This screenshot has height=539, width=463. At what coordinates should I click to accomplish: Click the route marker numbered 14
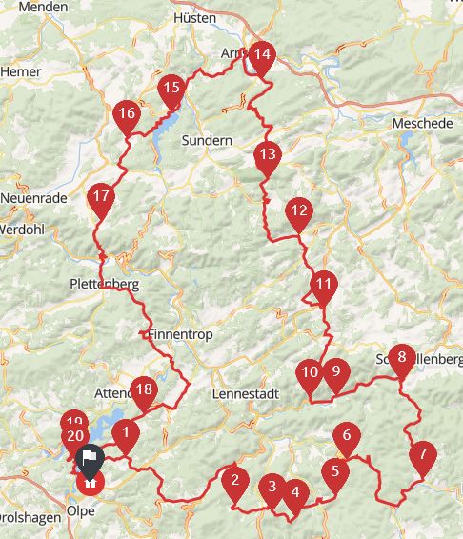pyautogui.click(x=261, y=55)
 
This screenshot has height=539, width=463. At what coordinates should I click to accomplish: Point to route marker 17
pyautogui.click(x=100, y=199)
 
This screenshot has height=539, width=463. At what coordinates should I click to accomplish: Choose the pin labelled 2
pyautogui.click(x=234, y=480)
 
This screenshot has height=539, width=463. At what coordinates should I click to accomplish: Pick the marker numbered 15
pyautogui.click(x=171, y=89)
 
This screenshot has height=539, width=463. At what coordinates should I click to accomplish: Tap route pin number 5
pyautogui.click(x=335, y=471)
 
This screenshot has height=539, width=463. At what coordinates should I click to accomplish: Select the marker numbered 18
pyautogui.click(x=144, y=389)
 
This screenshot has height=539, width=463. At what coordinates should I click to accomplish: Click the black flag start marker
pyautogui.click(x=88, y=459)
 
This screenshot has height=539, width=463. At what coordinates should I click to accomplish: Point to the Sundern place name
pyautogui.click(x=207, y=140)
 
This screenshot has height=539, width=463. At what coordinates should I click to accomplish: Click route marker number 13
pyautogui.click(x=268, y=154)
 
